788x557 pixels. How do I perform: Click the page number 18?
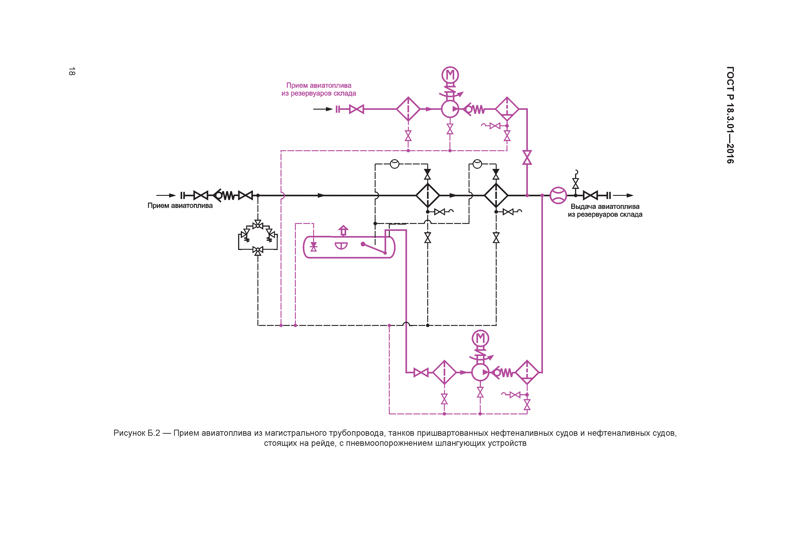click(72, 71)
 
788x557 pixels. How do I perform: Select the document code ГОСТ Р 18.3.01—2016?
click(730, 115)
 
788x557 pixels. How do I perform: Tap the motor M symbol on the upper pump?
click(450, 75)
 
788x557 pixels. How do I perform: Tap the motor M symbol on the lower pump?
click(480, 338)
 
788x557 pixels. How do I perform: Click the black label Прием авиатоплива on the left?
click(180, 206)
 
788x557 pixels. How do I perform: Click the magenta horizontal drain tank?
click(349, 247)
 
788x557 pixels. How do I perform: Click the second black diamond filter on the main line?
click(496, 195)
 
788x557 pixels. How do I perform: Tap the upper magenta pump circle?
click(450, 109)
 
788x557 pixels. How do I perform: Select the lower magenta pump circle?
click(480, 372)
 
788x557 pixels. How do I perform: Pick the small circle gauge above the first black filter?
click(395, 164)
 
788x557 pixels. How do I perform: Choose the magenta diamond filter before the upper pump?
click(408, 109)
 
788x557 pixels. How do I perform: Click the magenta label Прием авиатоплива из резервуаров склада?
click(319, 89)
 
